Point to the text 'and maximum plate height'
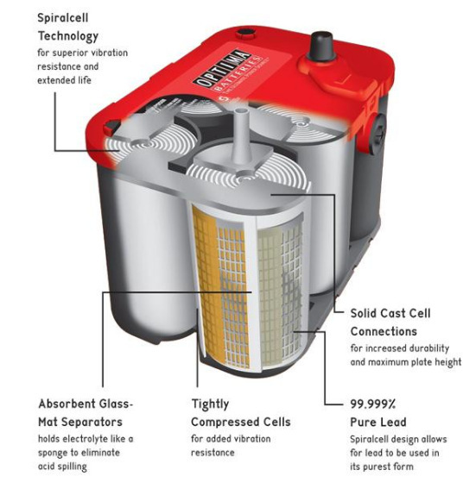(405, 362)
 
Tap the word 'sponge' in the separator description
(55, 452)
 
